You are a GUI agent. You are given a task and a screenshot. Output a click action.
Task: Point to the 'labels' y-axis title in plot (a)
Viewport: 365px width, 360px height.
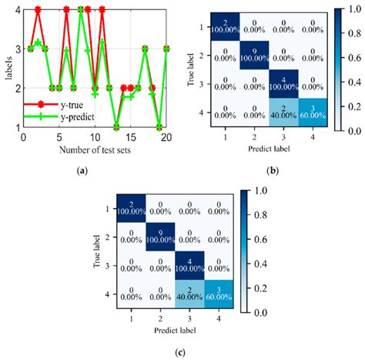6,69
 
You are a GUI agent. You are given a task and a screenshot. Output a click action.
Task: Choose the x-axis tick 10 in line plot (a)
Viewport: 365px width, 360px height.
95,136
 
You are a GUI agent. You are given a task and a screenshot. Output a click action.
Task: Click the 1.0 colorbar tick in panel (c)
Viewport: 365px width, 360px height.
265,189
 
